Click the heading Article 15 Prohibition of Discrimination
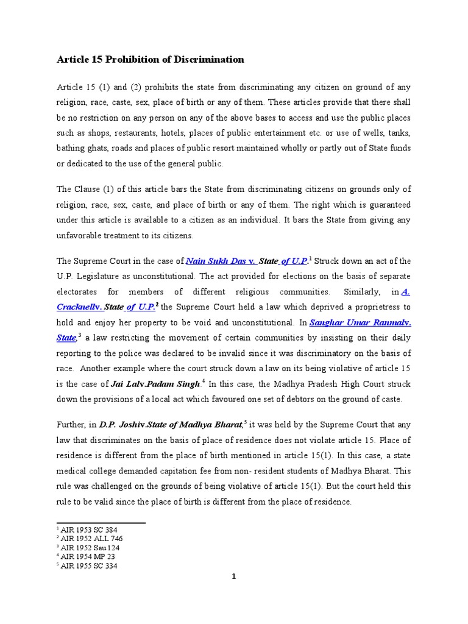pyautogui.click(x=150, y=60)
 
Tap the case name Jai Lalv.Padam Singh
pyautogui.click(x=156, y=384)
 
